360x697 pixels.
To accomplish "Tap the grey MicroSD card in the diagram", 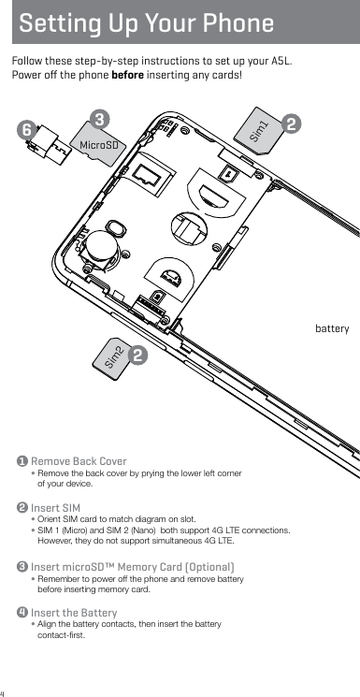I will pyautogui.click(x=100, y=143).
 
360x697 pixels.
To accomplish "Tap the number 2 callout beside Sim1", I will pyautogui.click(x=293, y=123).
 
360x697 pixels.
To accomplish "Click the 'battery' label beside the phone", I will pyautogui.click(x=332, y=329).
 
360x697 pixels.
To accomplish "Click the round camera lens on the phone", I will pyautogui.click(x=100, y=252).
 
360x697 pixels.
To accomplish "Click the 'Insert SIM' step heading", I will pyautogui.click(x=55, y=507).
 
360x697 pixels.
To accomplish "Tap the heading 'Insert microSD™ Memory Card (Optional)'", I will pyautogui.click(x=132, y=567).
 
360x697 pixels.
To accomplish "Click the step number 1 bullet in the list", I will pyautogui.click(x=22, y=462).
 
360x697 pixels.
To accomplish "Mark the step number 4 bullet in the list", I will pyautogui.click(x=22, y=613).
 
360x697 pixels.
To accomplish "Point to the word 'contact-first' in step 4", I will pyautogui.click(x=61, y=635).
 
